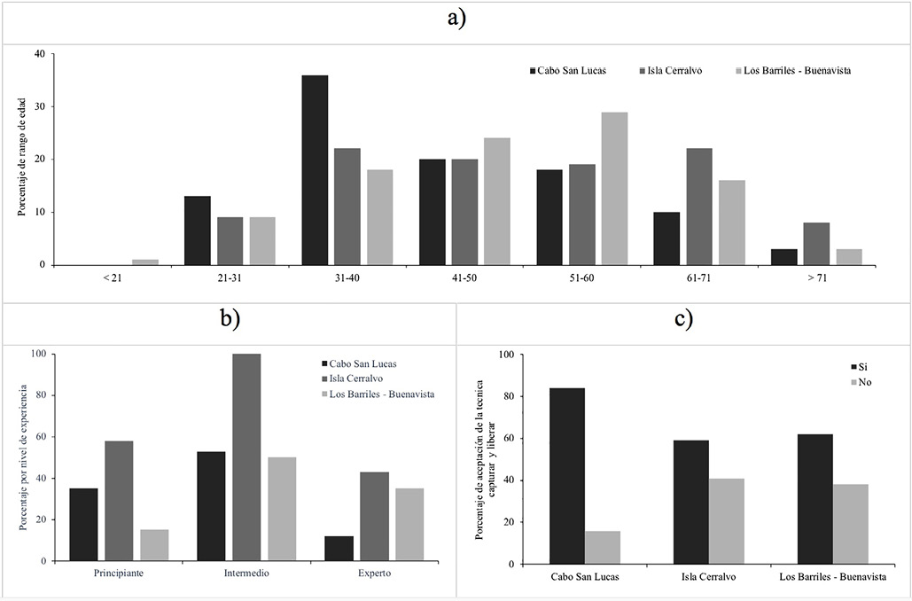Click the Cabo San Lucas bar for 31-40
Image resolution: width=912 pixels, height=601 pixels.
pos(315,170)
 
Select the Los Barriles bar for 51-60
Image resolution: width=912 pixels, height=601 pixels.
pos(614,189)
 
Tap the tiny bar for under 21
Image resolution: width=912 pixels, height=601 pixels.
pos(144,261)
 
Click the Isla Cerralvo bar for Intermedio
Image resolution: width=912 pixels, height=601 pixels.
pos(247,457)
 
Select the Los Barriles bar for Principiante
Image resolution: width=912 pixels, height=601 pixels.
pos(154,545)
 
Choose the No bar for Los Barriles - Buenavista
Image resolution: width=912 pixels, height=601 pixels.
pos(850,524)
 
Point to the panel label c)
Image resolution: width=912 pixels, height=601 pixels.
pos(682,319)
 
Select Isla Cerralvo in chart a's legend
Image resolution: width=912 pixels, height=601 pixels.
pos(676,70)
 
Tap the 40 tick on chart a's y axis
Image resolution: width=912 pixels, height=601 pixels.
pos(37,54)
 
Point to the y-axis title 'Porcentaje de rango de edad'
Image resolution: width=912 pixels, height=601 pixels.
pos(20,160)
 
